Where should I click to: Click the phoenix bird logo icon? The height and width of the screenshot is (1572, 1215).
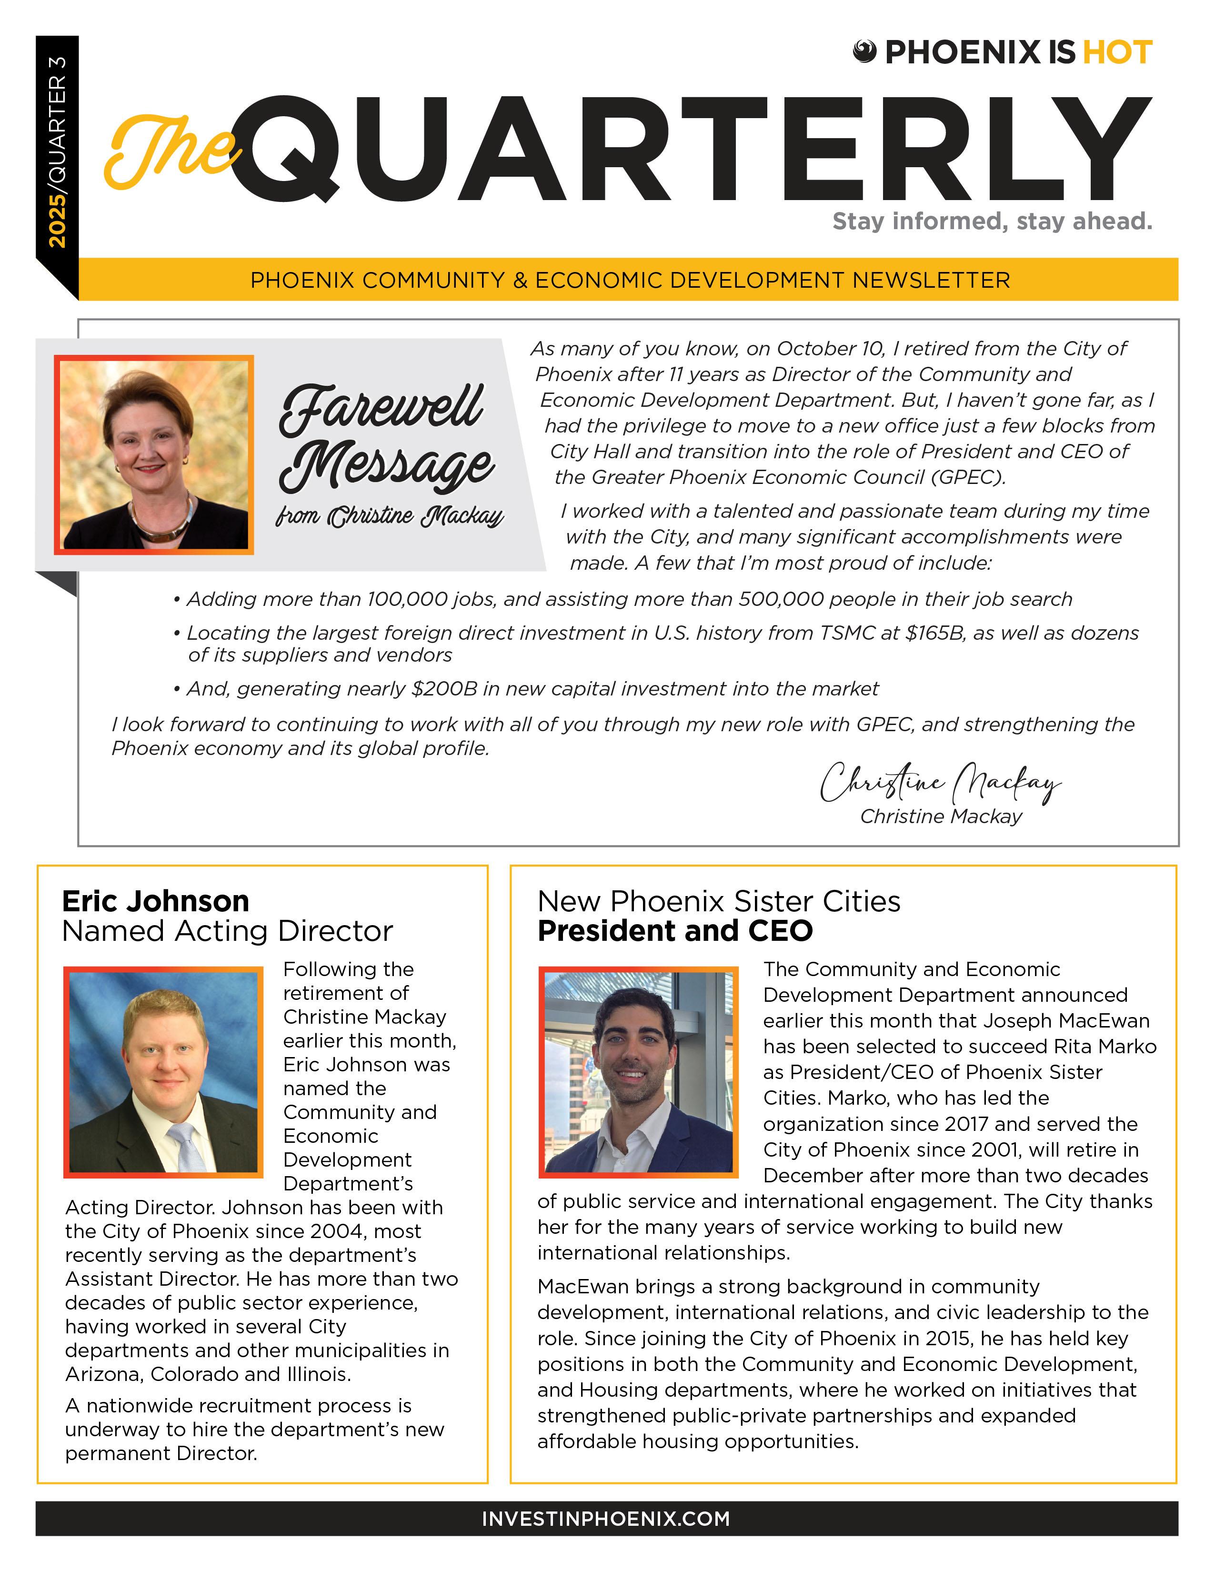(x=864, y=52)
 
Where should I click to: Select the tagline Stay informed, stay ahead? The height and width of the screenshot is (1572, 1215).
(x=992, y=221)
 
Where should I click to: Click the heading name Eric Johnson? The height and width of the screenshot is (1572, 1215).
(x=155, y=901)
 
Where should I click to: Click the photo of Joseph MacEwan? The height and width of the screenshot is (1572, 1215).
(x=638, y=1072)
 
